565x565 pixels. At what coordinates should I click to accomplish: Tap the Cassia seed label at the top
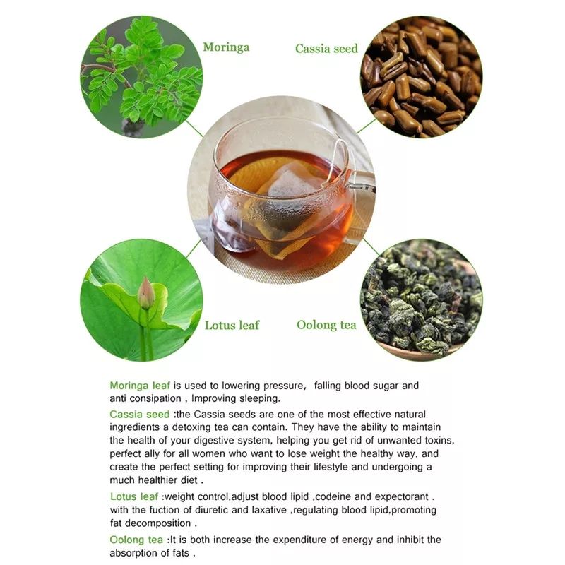pos(326,49)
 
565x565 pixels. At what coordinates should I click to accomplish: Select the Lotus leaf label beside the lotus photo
pos(232,325)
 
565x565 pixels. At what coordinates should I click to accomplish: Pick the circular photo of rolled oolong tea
pos(422,300)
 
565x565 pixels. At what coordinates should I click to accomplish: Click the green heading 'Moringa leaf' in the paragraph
pos(140,386)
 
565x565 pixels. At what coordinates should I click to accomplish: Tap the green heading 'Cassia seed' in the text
pos(139,414)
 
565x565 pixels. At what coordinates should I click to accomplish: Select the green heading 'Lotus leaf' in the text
pos(134,496)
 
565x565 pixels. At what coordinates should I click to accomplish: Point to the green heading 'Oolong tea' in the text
pos(137,540)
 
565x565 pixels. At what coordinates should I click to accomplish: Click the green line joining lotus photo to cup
pos(193,249)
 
